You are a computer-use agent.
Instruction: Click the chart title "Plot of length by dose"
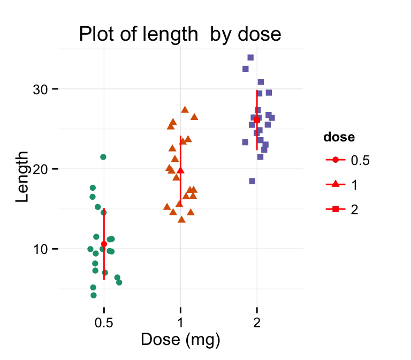click(x=180, y=34)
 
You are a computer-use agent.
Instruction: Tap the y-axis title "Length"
click(x=22, y=176)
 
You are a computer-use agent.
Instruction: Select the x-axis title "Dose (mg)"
click(x=180, y=340)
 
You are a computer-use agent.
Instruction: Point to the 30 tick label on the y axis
click(x=40, y=89)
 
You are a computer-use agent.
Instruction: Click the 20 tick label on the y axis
click(x=40, y=169)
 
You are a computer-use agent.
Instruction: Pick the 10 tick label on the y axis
click(x=40, y=249)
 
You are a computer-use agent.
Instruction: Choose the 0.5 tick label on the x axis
click(x=104, y=325)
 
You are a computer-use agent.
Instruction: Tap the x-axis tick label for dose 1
click(x=180, y=325)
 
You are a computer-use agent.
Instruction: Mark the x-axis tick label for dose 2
click(x=257, y=325)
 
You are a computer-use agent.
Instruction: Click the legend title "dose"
click(x=339, y=137)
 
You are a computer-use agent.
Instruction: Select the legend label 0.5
click(x=360, y=160)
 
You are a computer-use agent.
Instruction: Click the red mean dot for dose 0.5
click(x=104, y=244)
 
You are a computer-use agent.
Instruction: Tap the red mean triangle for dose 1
click(x=180, y=170)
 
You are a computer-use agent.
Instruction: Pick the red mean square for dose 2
click(x=257, y=120)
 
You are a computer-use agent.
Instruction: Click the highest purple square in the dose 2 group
click(x=250, y=57)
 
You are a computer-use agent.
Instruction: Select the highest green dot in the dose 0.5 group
click(x=103, y=157)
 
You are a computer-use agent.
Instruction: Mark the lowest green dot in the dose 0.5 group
click(x=94, y=295)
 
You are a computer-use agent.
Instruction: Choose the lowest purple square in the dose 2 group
click(x=252, y=181)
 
